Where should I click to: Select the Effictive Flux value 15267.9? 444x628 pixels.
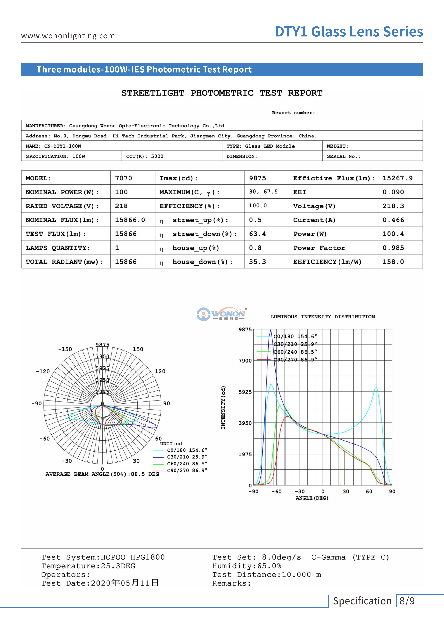click(397, 178)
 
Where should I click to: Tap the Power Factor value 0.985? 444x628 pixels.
click(393, 248)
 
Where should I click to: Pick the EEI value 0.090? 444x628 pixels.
click(393, 192)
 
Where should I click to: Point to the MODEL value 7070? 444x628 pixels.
click(123, 178)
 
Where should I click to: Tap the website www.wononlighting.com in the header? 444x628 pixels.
click(68, 36)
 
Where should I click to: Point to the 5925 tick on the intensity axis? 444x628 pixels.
click(245, 392)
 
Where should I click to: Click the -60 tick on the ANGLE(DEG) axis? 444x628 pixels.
click(276, 492)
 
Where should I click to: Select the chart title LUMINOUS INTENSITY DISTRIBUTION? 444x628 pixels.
click(323, 317)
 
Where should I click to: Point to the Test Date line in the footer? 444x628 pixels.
click(100, 583)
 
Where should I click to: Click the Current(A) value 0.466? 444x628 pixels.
click(393, 220)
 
